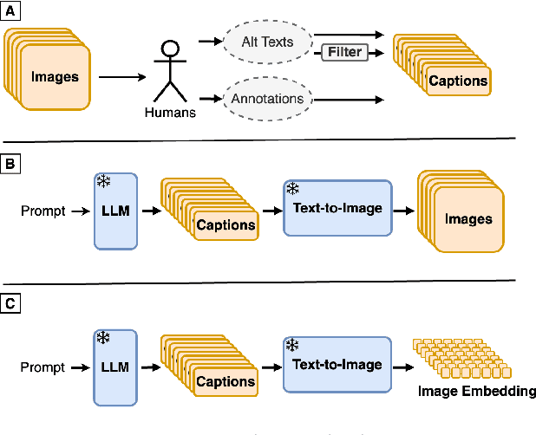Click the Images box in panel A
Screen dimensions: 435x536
[x=55, y=77]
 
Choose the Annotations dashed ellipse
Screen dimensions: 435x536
[x=267, y=99]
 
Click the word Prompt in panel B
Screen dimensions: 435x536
[x=43, y=211]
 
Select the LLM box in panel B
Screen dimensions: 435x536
[x=114, y=211]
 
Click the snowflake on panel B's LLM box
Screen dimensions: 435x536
[x=102, y=181]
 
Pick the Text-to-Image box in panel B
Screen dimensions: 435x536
[x=337, y=208]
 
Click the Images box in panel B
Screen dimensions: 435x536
[x=467, y=219]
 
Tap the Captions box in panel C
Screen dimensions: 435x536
[x=225, y=381]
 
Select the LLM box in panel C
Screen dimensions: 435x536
[x=114, y=367]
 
